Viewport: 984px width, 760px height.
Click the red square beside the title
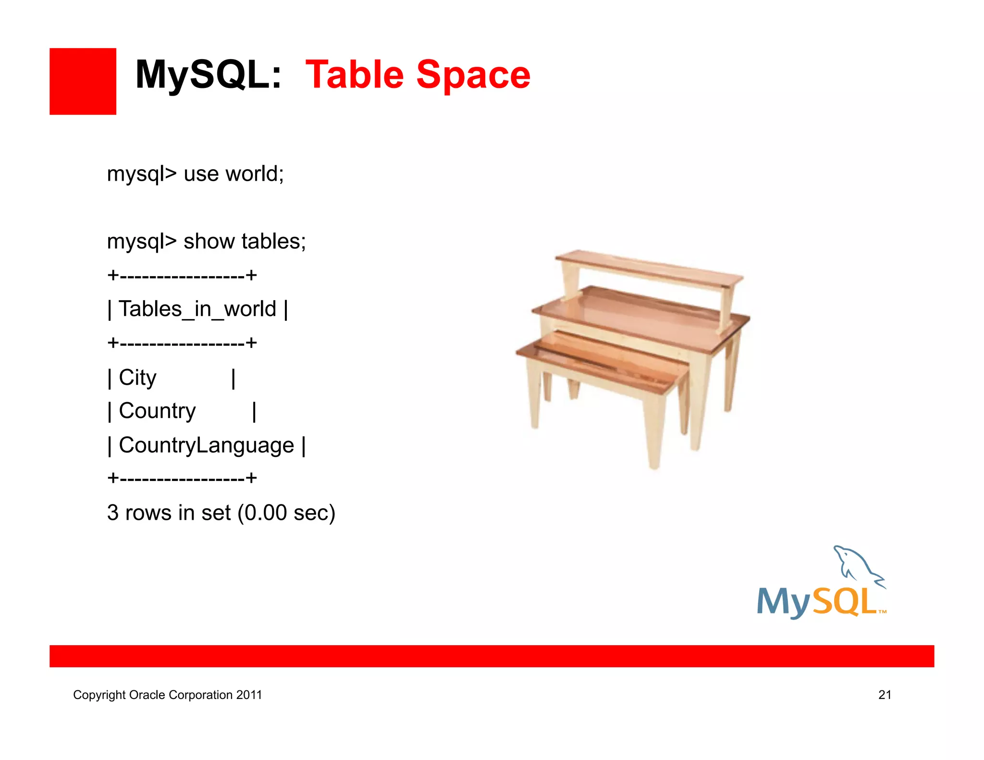click(83, 81)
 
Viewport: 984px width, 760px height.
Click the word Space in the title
click(473, 75)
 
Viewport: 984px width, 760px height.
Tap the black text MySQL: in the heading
click(208, 75)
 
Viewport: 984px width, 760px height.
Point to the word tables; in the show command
click(274, 241)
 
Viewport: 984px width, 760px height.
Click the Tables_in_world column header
click(197, 309)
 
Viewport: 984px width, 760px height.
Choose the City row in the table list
click(137, 378)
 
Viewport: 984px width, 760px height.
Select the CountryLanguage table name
click(206, 445)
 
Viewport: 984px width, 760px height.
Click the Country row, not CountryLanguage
click(157, 411)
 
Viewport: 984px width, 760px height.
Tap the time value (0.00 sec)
click(286, 513)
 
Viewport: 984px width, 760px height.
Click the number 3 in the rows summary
click(113, 513)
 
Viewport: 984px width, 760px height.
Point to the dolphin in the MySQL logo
click(858, 567)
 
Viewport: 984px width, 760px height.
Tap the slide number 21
click(885, 695)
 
